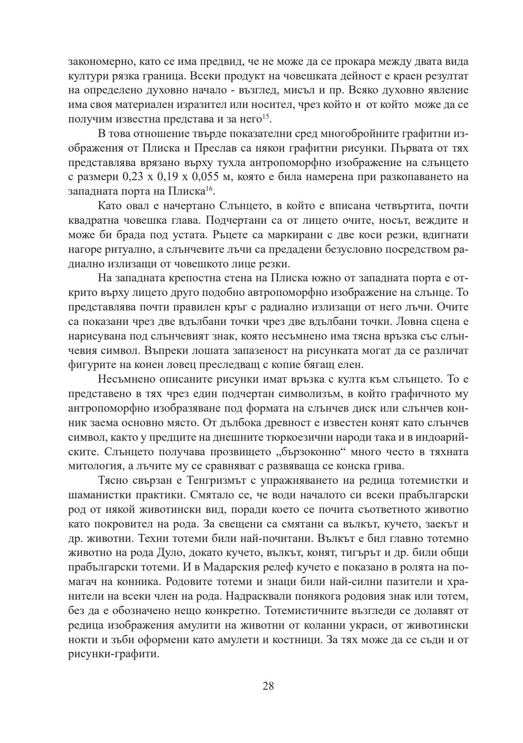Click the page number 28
tap(268, 686)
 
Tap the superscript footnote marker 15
tap(265, 116)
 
